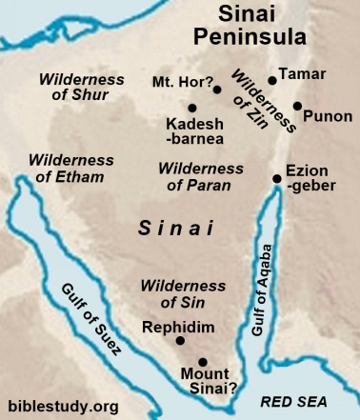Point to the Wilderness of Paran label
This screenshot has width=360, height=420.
click(x=200, y=175)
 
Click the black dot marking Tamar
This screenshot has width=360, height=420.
click(x=272, y=81)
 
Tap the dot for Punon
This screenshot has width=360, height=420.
click(x=298, y=106)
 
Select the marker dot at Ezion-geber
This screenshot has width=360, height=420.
click(x=277, y=177)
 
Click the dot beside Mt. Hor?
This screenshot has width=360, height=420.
click(x=217, y=90)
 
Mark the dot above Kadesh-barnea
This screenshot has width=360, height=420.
click(x=193, y=108)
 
